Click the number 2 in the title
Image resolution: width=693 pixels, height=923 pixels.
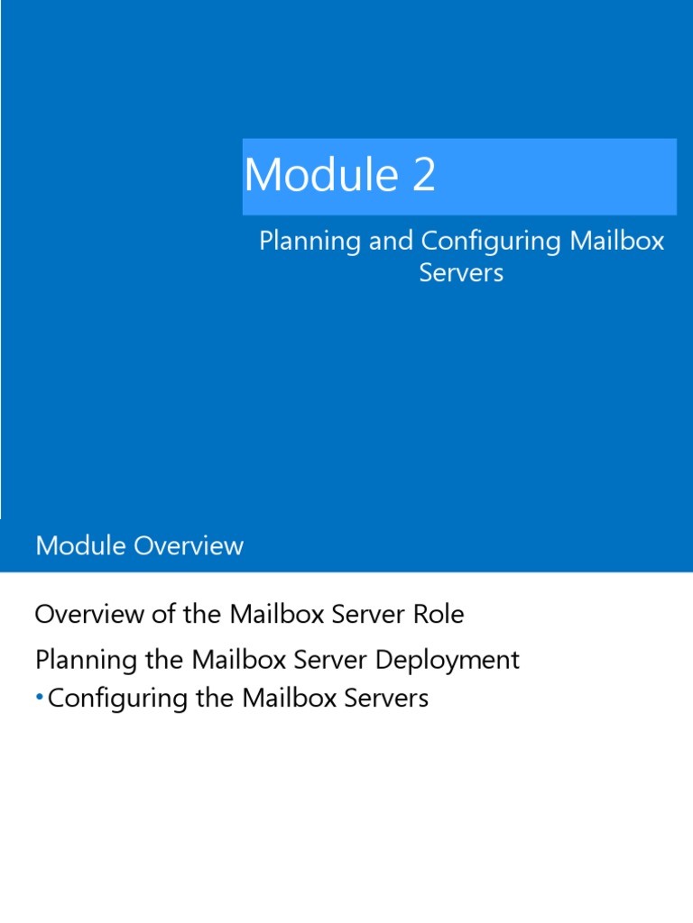click(x=424, y=175)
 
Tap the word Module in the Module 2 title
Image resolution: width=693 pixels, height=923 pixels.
click(x=321, y=175)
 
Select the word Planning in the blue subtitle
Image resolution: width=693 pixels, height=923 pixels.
click(x=310, y=242)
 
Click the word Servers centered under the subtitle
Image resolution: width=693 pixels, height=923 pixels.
click(x=461, y=272)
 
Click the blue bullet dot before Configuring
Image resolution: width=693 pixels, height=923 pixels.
click(x=40, y=698)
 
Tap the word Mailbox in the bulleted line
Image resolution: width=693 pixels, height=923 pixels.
click(x=291, y=698)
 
